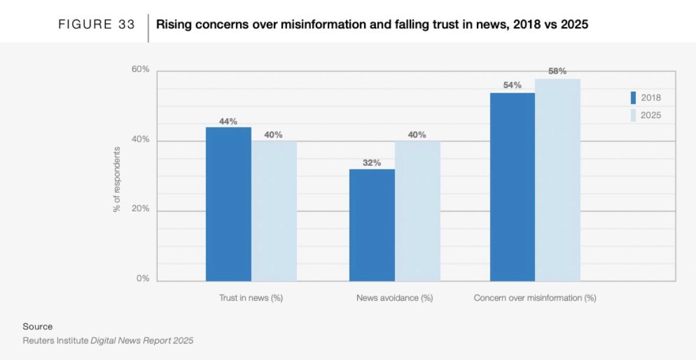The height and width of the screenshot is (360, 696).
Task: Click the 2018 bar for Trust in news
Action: (x=228, y=204)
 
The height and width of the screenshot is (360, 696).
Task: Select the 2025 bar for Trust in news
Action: (x=274, y=211)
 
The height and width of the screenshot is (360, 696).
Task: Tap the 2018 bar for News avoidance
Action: (x=372, y=225)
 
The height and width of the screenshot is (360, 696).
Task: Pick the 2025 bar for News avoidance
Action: (x=417, y=211)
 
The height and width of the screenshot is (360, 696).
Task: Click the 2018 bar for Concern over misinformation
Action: (x=512, y=186)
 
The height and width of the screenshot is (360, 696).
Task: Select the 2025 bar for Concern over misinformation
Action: (x=558, y=179)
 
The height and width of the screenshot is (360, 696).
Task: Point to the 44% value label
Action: (x=228, y=122)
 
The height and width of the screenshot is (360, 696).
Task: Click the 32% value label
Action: (x=372, y=163)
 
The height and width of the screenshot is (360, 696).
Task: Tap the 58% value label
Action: (x=557, y=71)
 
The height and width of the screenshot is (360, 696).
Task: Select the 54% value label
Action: (x=512, y=86)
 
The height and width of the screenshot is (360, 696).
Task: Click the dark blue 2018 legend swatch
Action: (x=633, y=98)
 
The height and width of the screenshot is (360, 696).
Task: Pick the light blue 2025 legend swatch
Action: (x=633, y=115)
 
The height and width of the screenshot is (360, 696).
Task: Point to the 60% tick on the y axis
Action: (x=140, y=70)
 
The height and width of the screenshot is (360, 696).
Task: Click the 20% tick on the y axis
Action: (x=140, y=210)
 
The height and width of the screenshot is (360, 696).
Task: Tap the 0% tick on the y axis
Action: (x=143, y=279)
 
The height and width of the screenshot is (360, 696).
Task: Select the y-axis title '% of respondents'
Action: (x=117, y=180)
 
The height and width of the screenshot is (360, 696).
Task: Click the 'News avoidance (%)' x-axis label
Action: (x=394, y=298)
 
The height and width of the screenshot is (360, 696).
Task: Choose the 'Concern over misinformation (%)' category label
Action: (x=535, y=298)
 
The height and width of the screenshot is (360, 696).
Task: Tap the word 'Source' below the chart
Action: (x=38, y=326)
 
